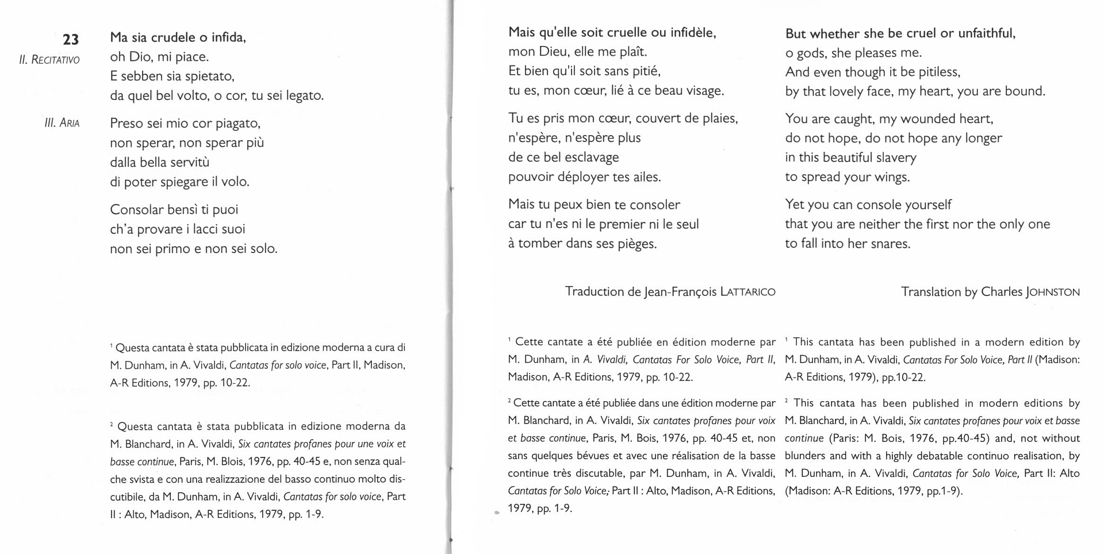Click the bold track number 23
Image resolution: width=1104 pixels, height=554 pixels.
point(71,40)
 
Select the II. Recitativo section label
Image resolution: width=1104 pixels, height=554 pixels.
point(49,60)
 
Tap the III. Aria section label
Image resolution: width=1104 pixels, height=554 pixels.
point(62,123)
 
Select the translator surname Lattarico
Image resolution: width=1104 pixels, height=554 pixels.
point(747,292)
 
